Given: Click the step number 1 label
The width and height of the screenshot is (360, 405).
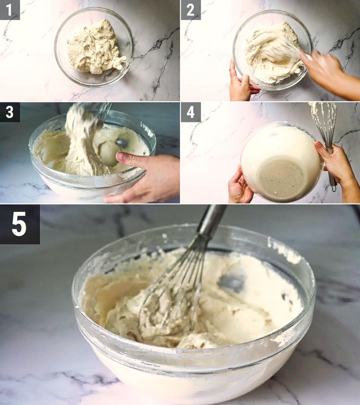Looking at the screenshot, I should click(9, 9).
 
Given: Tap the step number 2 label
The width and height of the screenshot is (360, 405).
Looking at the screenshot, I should click(190, 9).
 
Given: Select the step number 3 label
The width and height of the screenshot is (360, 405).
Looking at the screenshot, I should click(9, 112).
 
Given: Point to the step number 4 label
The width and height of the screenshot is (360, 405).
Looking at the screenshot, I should click(190, 112).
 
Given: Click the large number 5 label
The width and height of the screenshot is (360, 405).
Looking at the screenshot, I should click(19, 224).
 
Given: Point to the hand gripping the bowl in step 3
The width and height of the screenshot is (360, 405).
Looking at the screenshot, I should click(144, 175).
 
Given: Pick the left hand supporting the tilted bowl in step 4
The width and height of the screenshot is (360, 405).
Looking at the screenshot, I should click(238, 184).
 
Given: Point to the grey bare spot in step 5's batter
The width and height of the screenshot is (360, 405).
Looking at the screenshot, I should click(232, 283).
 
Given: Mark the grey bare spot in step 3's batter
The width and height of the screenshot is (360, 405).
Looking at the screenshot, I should click(122, 143).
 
